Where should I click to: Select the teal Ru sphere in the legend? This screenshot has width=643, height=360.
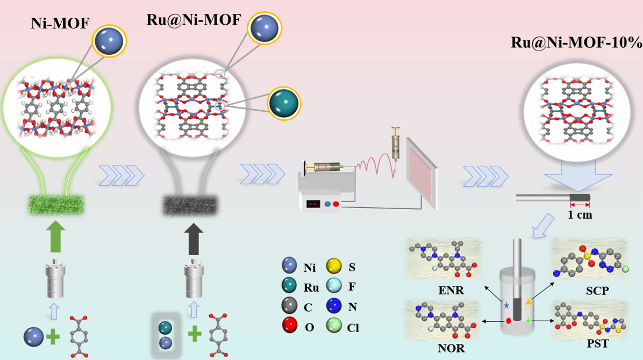(x=290, y=286)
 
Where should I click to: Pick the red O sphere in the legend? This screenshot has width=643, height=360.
(x=290, y=326)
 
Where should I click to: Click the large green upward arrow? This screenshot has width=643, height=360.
(x=56, y=237)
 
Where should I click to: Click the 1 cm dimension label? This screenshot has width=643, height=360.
(x=580, y=215)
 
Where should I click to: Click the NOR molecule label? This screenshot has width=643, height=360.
(x=451, y=348)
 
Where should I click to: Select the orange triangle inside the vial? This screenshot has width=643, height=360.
(x=528, y=302)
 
